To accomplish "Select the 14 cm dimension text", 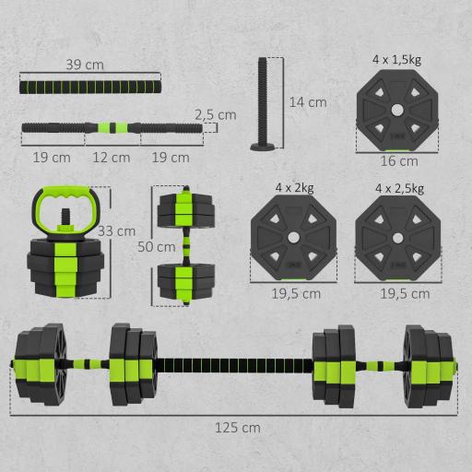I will pos(306,102).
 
